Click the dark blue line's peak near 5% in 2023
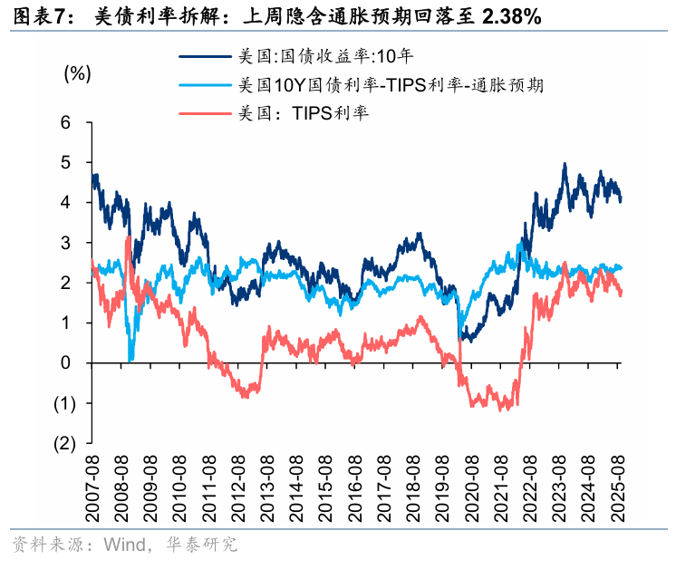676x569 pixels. tap(565, 165)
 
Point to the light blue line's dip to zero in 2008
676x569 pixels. tap(131, 360)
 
